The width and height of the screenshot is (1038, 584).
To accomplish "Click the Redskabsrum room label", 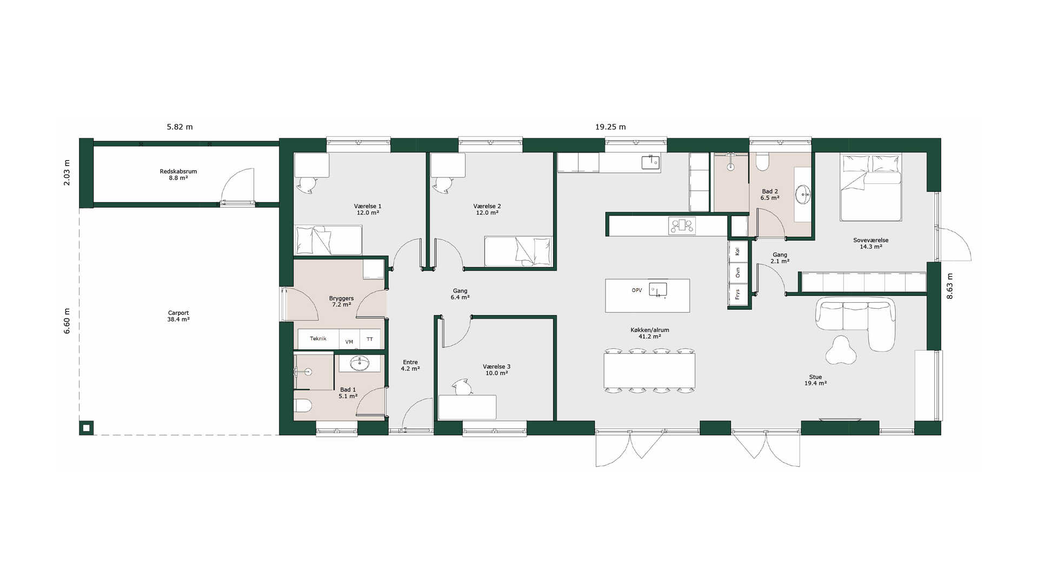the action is tap(178, 171).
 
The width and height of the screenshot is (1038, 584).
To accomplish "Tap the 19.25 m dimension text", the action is tap(610, 127).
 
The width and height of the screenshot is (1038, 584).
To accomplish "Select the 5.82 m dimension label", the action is tap(179, 127).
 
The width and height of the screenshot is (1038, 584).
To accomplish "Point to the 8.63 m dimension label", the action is tap(950, 286).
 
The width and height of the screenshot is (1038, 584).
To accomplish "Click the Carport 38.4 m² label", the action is tap(178, 316).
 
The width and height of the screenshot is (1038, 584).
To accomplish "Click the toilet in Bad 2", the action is tap(763, 162).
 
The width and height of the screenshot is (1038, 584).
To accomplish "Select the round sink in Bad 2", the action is tap(803, 194).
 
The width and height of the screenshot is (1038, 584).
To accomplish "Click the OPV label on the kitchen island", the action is tap(637, 290).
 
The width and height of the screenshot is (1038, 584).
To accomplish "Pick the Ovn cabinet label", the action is tap(737, 273).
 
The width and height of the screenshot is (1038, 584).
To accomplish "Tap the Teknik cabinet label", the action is tap(318, 339).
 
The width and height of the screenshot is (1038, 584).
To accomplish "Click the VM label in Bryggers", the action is tap(349, 342).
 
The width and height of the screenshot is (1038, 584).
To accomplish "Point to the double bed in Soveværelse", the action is tap(870, 187).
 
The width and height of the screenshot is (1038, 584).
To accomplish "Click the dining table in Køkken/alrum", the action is tap(649, 370).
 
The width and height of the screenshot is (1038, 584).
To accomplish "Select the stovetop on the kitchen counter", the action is tap(682, 225).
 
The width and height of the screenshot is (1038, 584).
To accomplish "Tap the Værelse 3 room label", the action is tap(496, 370).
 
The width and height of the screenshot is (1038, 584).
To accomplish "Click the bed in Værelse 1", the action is tap(328, 240).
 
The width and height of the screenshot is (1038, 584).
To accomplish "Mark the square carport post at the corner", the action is tap(86, 428).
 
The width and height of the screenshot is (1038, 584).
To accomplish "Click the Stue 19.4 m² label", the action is tap(815, 380).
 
